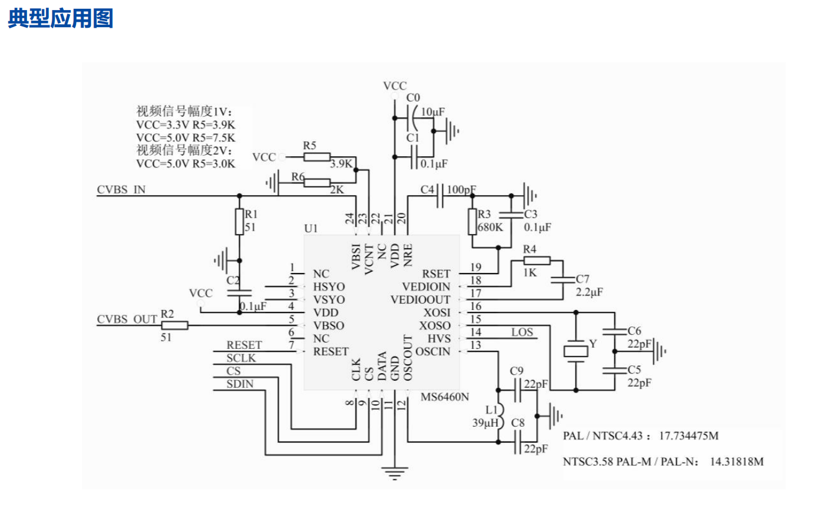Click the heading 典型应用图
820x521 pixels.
(x=60, y=19)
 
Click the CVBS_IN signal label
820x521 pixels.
(x=121, y=189)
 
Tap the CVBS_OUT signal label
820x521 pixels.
(x=127, y=319)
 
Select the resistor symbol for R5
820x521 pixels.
(x=317, y=157)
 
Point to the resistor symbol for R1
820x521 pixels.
(x=239, y=221)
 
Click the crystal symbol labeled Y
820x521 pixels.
(x=576, y=351)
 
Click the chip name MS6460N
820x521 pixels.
(x=445, y=397)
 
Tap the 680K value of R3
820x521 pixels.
(x=490, y=227)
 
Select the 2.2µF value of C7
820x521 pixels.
(x=589, y=292)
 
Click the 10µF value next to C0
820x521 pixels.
(x=433, y=112)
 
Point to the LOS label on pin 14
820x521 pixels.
(x=522, y=332)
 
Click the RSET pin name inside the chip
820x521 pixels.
(x=436, y=274)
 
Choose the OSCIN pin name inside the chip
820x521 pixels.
(x=433, y=352)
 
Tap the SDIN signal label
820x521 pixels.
(x=240, y=384)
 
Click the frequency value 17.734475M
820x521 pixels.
(x=689, y=436)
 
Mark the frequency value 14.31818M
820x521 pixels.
(x=736, y=461)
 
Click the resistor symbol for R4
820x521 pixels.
(x=537, y=260)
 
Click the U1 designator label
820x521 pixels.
(x=311, y=228)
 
